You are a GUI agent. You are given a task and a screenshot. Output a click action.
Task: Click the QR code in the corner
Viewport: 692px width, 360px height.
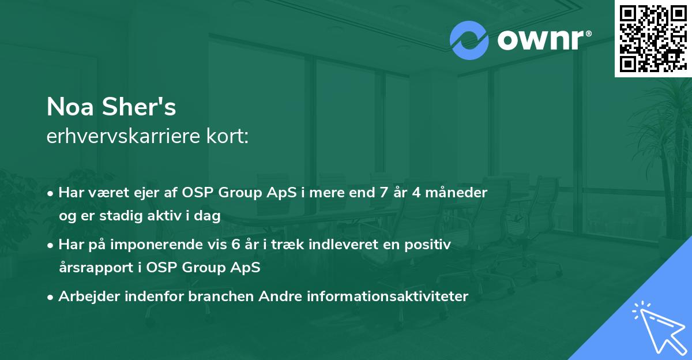(x=653, y=39)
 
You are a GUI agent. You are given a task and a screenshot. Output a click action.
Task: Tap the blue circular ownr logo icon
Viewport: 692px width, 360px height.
(x=469, y=40)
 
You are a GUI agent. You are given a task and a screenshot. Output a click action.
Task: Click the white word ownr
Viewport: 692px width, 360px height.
(x=541, y=40)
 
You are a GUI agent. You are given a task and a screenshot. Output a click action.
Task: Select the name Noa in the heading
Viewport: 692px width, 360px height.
(x=70, y=107)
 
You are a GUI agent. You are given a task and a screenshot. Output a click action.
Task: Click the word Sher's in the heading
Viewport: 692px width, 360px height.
(x=139, y=107)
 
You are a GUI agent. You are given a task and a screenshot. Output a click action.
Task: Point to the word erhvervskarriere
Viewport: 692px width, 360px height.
(x=123, y=136)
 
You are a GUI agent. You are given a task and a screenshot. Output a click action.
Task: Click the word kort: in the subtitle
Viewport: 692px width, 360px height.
(x=227, y=136)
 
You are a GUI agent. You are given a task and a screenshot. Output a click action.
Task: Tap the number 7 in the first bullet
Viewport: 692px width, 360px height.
(x=383, y=193)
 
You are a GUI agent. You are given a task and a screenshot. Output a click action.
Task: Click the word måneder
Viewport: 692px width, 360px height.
(x=456, y=193)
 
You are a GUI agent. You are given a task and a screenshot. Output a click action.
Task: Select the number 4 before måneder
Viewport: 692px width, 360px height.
(x=416, y=193)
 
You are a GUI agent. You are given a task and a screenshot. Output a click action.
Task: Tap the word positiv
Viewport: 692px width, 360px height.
(x=427, y=245)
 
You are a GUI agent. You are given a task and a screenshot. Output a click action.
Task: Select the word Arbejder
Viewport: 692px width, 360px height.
(x=89, y=297)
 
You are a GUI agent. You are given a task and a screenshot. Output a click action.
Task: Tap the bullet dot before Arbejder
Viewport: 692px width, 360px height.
(x=50, y=298)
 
